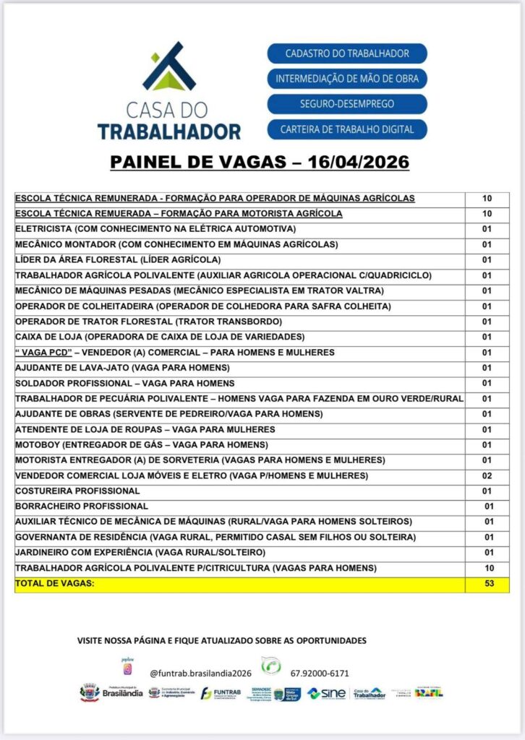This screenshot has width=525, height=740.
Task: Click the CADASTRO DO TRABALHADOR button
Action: [x=347, y=53]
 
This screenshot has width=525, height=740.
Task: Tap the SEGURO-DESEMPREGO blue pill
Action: [x=347, y=104]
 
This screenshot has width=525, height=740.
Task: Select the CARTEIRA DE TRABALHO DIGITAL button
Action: [x=347, y=129]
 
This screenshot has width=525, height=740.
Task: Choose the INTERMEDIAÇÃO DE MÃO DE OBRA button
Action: [x=347, y=79]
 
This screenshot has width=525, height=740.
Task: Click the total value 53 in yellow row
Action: [x=489, y=583]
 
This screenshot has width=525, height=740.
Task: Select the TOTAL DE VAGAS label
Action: [x=54, y=583]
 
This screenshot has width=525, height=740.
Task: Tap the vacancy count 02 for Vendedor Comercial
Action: [x=487, y=476]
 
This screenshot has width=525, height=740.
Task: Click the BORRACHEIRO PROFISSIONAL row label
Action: [x=82, y=507]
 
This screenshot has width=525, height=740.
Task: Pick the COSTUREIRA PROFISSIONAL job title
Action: [x=77, y=491]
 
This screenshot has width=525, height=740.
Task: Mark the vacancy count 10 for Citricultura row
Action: [x=489, y=568]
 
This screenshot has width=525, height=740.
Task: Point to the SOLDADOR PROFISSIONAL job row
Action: [x=125, y=383]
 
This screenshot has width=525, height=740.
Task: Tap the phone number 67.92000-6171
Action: [x=320, y=674]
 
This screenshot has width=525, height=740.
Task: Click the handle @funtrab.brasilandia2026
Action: [x=200, y=674]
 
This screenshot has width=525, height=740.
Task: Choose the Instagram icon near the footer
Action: [x=128, y=669]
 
